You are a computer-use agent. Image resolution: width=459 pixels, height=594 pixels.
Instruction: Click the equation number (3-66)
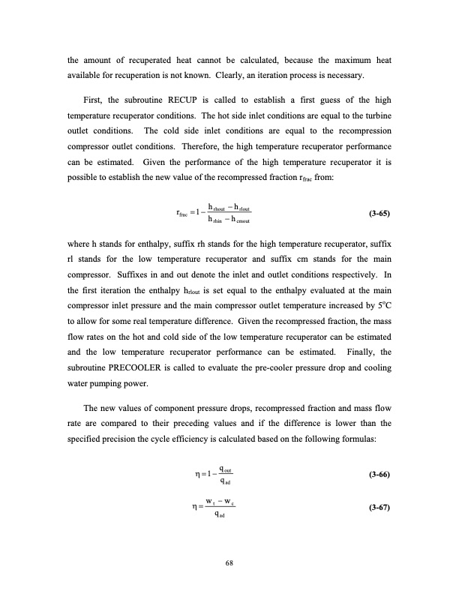point(382,475)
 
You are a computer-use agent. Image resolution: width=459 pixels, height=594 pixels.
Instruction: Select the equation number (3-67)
point(382,508)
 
